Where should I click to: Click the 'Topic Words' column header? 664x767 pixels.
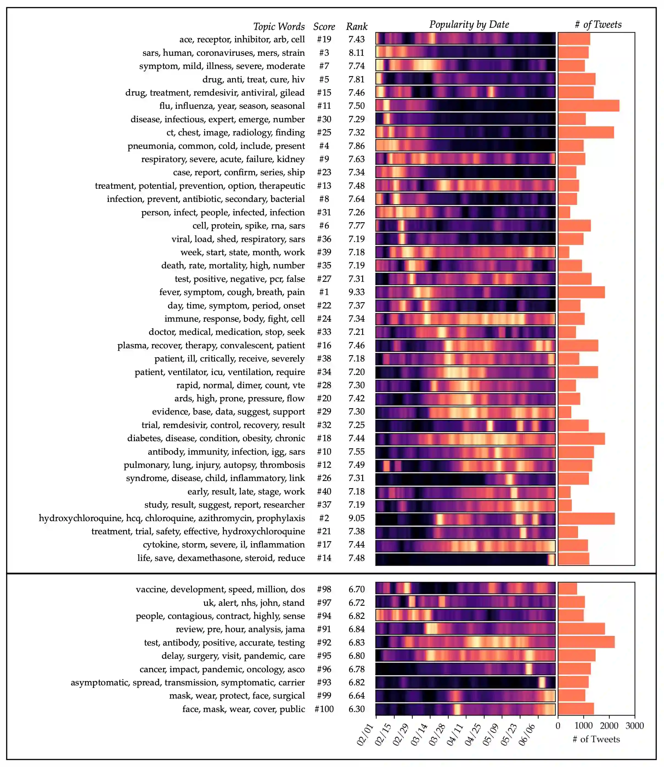pyautogui.click(x=279, y=27)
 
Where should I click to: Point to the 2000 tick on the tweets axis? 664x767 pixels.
pyautogui.click(x=609, y=726)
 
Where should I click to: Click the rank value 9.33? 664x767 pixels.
pyautogui.click(x=356, y=292)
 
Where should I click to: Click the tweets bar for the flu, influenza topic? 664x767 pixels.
pyautogui.click(x=589, y=106)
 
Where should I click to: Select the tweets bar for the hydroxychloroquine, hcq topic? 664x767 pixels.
pyautogui.click(x=586, y=518)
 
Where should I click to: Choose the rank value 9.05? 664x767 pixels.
pyautogui.click(x=356, y=518)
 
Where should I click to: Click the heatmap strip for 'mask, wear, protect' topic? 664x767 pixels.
pyautogui.click(x=465, y=696)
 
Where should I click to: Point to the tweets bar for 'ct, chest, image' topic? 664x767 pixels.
pyautogui.click(x=586, y=132)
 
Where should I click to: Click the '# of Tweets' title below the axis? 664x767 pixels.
pyautogui.click(x=596, y=739)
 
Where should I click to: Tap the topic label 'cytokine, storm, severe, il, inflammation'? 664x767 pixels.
pyautogui.click(x=224, y=544)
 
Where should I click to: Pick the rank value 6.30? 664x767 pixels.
pyautogui.click(x=356, y=709)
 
